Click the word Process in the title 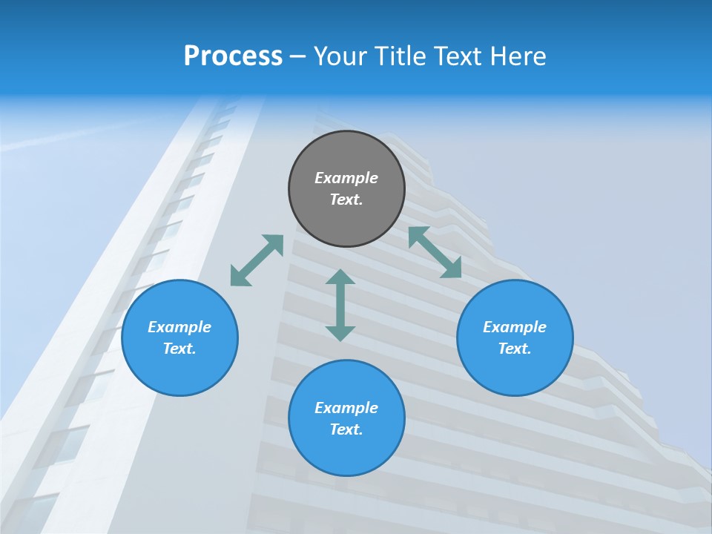pyautogui.click(x=233, y=56)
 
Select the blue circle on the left pyautogui.click(x=179, y=371)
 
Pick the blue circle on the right pyautogui.click(x=515, y=371)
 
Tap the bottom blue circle pyautogui.click(x=346, y=452)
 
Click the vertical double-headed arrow pyautogui.click(x=340, y=305)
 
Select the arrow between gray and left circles pyautogui.click(x=257, y=260)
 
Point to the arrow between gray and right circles pyautogui.click(x=435, y=252)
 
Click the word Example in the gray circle pyautogui.click(x=346, y=178)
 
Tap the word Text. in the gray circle pyautogui.click(x=346, y=200)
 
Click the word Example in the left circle pyautogui.click(x=179, y=327)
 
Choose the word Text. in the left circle pyautogui.click(x=179, y=349)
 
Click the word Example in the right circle pyautogui.click(x=515, y=327)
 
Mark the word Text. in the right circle pyautogui.click(x=515, y=349)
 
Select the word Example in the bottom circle pyautogui.click(x=346, y=408)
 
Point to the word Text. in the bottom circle pyautogui.click(x=346, y=429)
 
